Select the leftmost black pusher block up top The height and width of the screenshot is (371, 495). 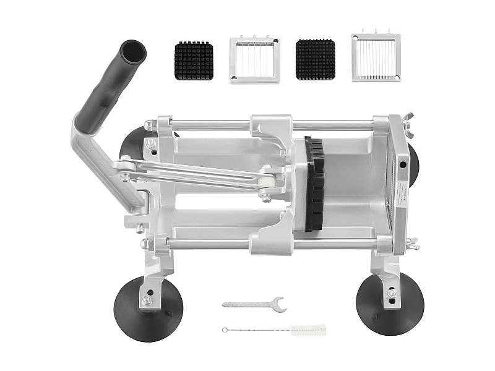click(194, 61)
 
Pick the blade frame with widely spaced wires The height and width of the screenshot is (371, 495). click(254, 60)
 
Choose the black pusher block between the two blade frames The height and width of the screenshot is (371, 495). click(315, 59)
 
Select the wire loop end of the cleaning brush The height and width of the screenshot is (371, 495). click(225, 330)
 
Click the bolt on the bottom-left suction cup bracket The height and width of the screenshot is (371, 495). click(147, 300)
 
